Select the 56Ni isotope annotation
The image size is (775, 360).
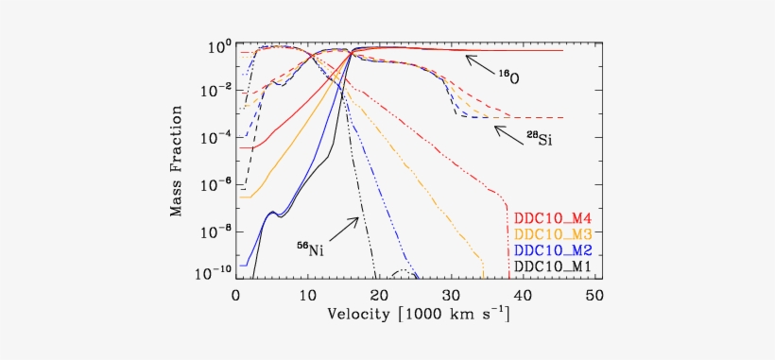(x=310, y=249)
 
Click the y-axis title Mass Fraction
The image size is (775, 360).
(x=177, y=161)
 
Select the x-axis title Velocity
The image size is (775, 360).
(x=418, y=314)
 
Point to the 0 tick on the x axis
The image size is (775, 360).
(x=235, y=295)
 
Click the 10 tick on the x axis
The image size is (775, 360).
(x=306, y=295)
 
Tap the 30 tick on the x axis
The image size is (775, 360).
(x=450, y=295)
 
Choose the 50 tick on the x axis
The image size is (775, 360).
(x=594, y=295)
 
